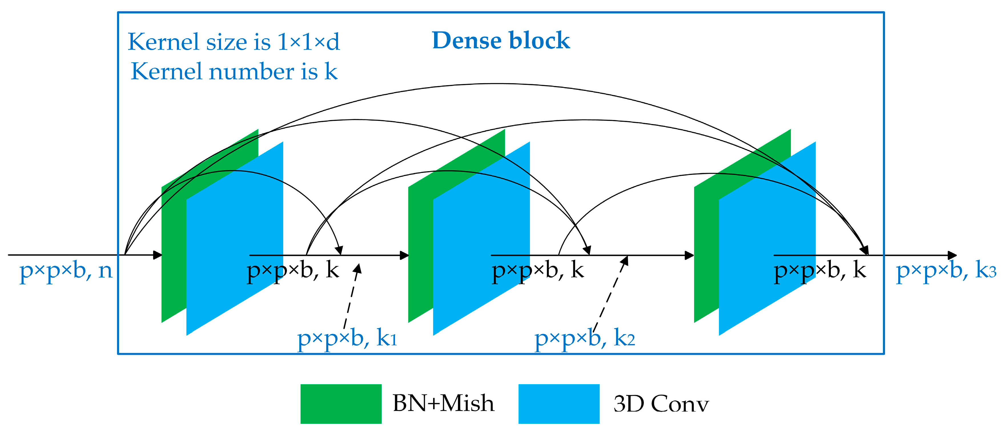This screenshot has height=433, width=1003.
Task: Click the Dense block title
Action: [501, 41]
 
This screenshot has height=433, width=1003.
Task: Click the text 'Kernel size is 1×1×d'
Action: [234, 42]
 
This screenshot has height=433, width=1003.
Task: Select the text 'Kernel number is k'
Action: [234, 72]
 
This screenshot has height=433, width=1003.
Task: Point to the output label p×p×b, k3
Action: [946, 270]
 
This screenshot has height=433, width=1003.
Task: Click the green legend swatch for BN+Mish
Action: [341, 404]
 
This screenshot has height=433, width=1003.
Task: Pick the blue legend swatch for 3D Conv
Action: [559, 404]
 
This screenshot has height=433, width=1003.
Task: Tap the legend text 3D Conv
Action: [661, 404]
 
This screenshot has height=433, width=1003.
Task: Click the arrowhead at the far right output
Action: [952, 255]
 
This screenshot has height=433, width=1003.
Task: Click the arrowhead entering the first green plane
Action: [158, 255]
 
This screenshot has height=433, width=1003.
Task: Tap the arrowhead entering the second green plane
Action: [405, 255]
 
